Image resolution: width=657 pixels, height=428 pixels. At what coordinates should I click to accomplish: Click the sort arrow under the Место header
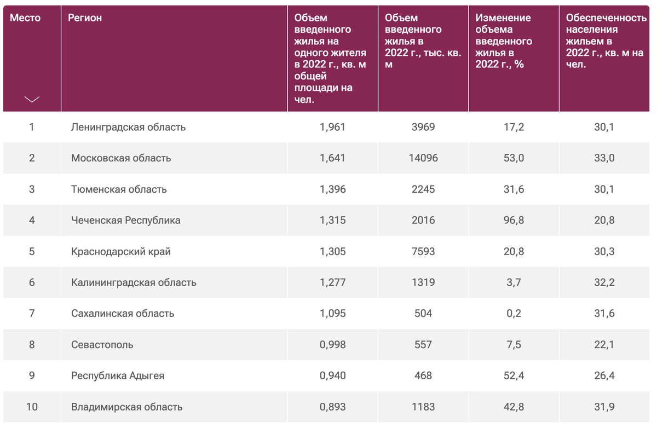point(32,99)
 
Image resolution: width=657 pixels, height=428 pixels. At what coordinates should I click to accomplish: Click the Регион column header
point(85,18)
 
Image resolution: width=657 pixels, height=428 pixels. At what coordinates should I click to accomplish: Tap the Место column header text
point(25,18)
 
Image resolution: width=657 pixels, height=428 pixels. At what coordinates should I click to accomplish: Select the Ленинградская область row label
point(128,127)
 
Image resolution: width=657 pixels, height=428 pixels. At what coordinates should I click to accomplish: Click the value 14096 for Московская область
point(423,158)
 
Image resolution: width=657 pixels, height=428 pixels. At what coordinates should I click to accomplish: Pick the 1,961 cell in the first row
point(332,127)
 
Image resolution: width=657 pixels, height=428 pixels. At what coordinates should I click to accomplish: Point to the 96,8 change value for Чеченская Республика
point(514,220)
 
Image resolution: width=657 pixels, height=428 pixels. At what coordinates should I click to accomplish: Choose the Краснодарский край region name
point(120,251)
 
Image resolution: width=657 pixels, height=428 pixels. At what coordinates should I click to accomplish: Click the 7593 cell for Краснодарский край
point(423,251)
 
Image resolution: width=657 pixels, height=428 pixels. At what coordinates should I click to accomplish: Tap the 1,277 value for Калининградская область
point(332,282)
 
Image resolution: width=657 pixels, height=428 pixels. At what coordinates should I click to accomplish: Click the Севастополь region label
point(102,345)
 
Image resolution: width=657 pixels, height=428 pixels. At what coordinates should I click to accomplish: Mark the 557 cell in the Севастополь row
point(423,345)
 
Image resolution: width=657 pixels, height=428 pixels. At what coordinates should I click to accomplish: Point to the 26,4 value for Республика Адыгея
point(604,376)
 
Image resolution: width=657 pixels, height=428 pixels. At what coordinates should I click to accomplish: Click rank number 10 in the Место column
point(32,407)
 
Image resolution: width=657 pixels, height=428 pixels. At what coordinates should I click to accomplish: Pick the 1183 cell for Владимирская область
point(423,407)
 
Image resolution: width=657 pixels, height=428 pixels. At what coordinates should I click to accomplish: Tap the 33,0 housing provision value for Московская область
point(604,158)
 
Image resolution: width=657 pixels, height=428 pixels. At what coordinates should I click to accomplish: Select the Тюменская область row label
point(119,189)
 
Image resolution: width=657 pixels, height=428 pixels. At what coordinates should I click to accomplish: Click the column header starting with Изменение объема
point(504,41)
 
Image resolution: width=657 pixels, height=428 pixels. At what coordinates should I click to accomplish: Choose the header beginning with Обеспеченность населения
point(606,41)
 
